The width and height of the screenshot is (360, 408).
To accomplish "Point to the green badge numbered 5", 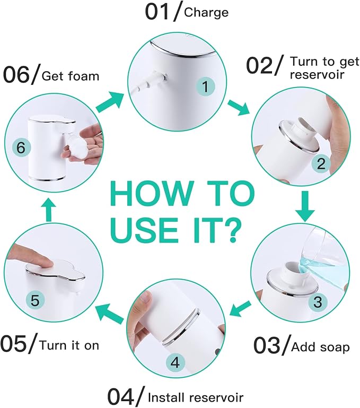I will (x=34, y=300).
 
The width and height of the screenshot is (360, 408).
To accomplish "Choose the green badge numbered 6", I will (x=20, y=148).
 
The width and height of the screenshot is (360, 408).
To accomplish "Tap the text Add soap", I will (x=320, y=348).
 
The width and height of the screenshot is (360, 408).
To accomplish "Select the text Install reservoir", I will (x=196, y=396).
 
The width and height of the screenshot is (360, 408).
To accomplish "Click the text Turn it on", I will (x=69, y=345).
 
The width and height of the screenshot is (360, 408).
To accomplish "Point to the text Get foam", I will (x=71, y=76).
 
